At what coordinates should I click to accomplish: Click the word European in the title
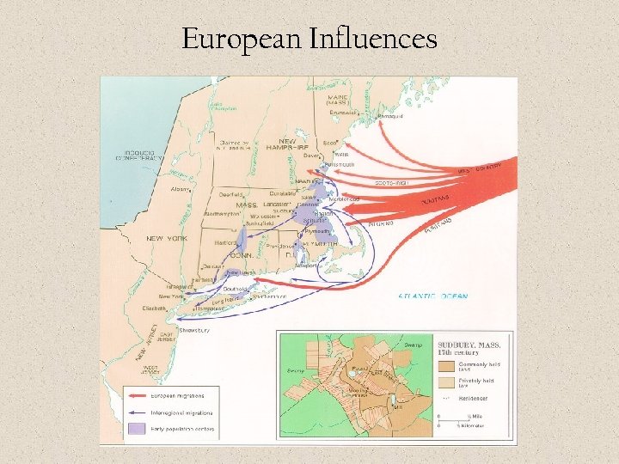click(x=230, y=39)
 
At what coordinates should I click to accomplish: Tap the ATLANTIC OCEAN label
click(x=433, y=296)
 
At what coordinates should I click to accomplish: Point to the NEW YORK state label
click(x=166, y=238)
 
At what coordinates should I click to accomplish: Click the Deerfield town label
click(x=231, y=194)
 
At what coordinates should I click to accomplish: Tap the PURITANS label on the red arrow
click(x=436, y=202)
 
